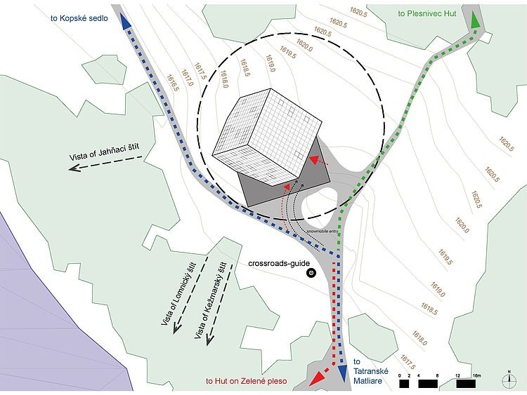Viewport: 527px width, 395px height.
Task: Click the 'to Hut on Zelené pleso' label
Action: [250, 381]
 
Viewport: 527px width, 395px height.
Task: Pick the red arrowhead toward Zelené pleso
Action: [317, 377]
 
